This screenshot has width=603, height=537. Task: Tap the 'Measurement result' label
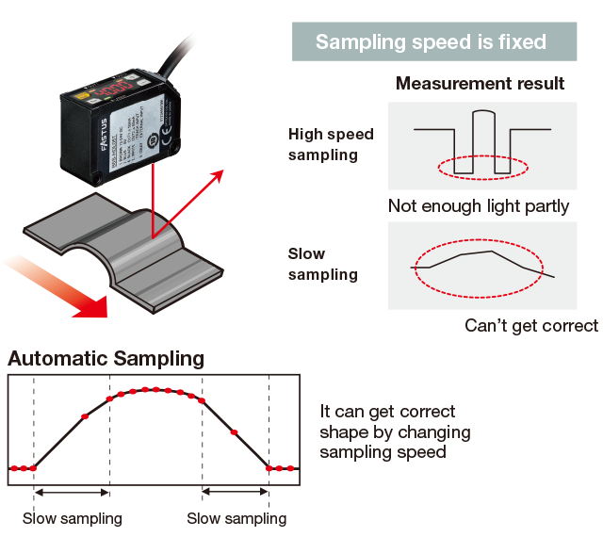481,84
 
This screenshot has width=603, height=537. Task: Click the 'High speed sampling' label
331,144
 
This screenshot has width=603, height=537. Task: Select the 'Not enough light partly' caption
479,206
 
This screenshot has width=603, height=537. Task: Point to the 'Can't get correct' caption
531,326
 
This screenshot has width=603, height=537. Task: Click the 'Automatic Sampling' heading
106,359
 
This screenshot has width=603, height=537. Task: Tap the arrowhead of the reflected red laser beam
220,175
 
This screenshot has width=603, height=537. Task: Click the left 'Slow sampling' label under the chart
73,518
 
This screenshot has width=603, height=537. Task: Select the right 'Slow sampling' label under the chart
236,518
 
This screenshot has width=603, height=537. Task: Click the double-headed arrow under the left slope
72,492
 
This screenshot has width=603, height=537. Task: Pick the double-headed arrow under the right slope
236,492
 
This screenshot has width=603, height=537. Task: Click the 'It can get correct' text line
388,412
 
